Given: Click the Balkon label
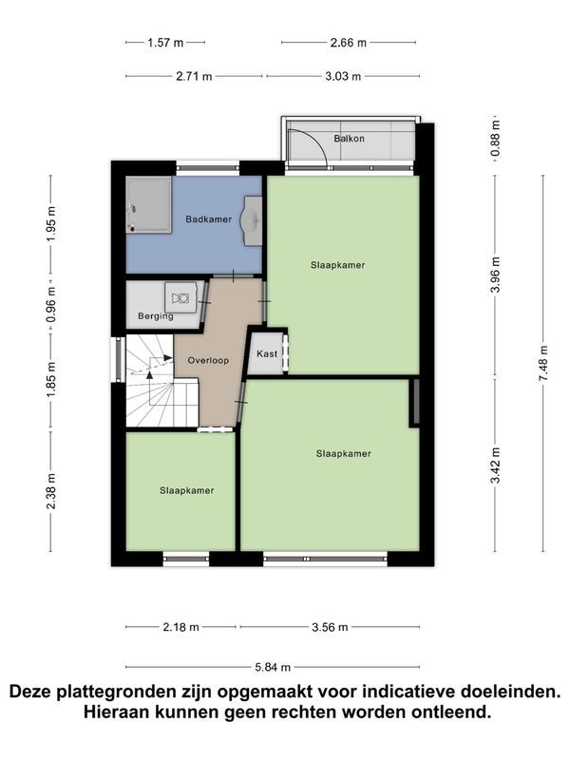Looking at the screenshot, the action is click(x=349, y=139).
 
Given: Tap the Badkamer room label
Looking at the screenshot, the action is click(x=208, y=219).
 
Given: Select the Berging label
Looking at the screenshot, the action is click(x=156, y=316).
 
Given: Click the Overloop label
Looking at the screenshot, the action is click(x=208, y=360).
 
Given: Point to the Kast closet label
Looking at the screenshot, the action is click(x=267, y=353).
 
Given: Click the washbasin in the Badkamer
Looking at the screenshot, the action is click(x=253, y=221).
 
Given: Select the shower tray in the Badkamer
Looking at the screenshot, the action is click(x=149, y=204).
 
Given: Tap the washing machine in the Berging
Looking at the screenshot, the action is click(x=180, y=297).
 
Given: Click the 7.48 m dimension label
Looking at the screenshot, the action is click(x=543, y=363).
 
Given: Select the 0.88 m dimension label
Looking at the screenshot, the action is click(x=495, y=139).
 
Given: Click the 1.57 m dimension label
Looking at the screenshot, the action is click(x=165, y=43).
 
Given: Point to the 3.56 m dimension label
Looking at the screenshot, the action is click(x=330, y=627).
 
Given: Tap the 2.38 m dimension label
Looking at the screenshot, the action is click(x=51, y=491).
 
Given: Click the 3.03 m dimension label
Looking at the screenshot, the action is click(x=343, y=77).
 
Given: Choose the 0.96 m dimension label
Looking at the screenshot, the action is click(x=51, y=304).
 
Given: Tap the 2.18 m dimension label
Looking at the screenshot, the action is click(x=180, y=627).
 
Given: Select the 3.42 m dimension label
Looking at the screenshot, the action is click(x=495, y=465).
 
